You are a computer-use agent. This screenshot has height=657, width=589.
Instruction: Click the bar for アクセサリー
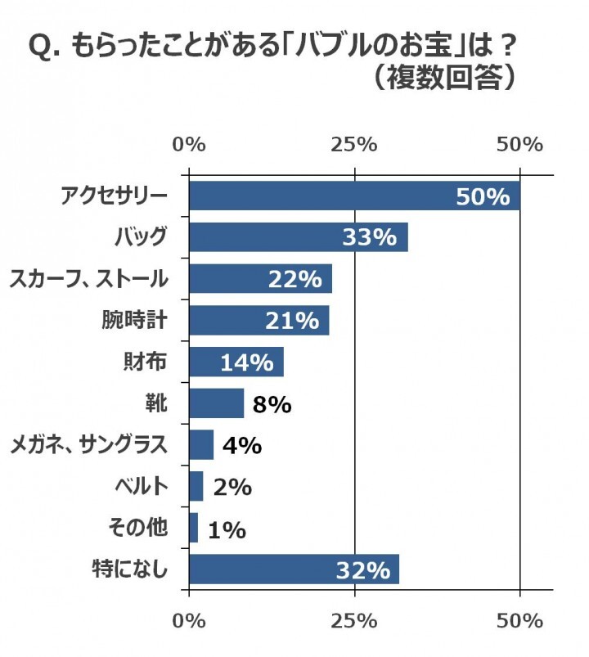coord(327,196)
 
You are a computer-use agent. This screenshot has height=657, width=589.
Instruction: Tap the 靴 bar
coord(216,403)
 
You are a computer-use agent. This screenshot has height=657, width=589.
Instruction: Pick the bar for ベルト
coord(196,487)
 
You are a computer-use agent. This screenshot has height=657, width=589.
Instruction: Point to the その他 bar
coord(194,529)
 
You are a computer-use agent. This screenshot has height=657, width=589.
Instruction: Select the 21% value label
coord(292,321)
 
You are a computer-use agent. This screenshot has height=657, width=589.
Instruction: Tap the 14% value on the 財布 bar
coord(246,362)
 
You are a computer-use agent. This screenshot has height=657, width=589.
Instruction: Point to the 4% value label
coord(241,446)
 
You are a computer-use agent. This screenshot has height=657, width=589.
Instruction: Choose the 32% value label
coord(363,570)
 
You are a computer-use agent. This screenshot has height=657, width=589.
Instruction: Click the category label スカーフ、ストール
coord(88,279)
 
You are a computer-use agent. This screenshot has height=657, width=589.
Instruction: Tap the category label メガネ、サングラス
coord(88,445)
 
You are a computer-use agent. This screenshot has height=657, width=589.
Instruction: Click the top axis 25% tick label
coord(354,145)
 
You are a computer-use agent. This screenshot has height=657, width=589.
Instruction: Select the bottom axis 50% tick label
coord(519,621)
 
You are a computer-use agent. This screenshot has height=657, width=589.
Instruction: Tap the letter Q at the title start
coord(39,47)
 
